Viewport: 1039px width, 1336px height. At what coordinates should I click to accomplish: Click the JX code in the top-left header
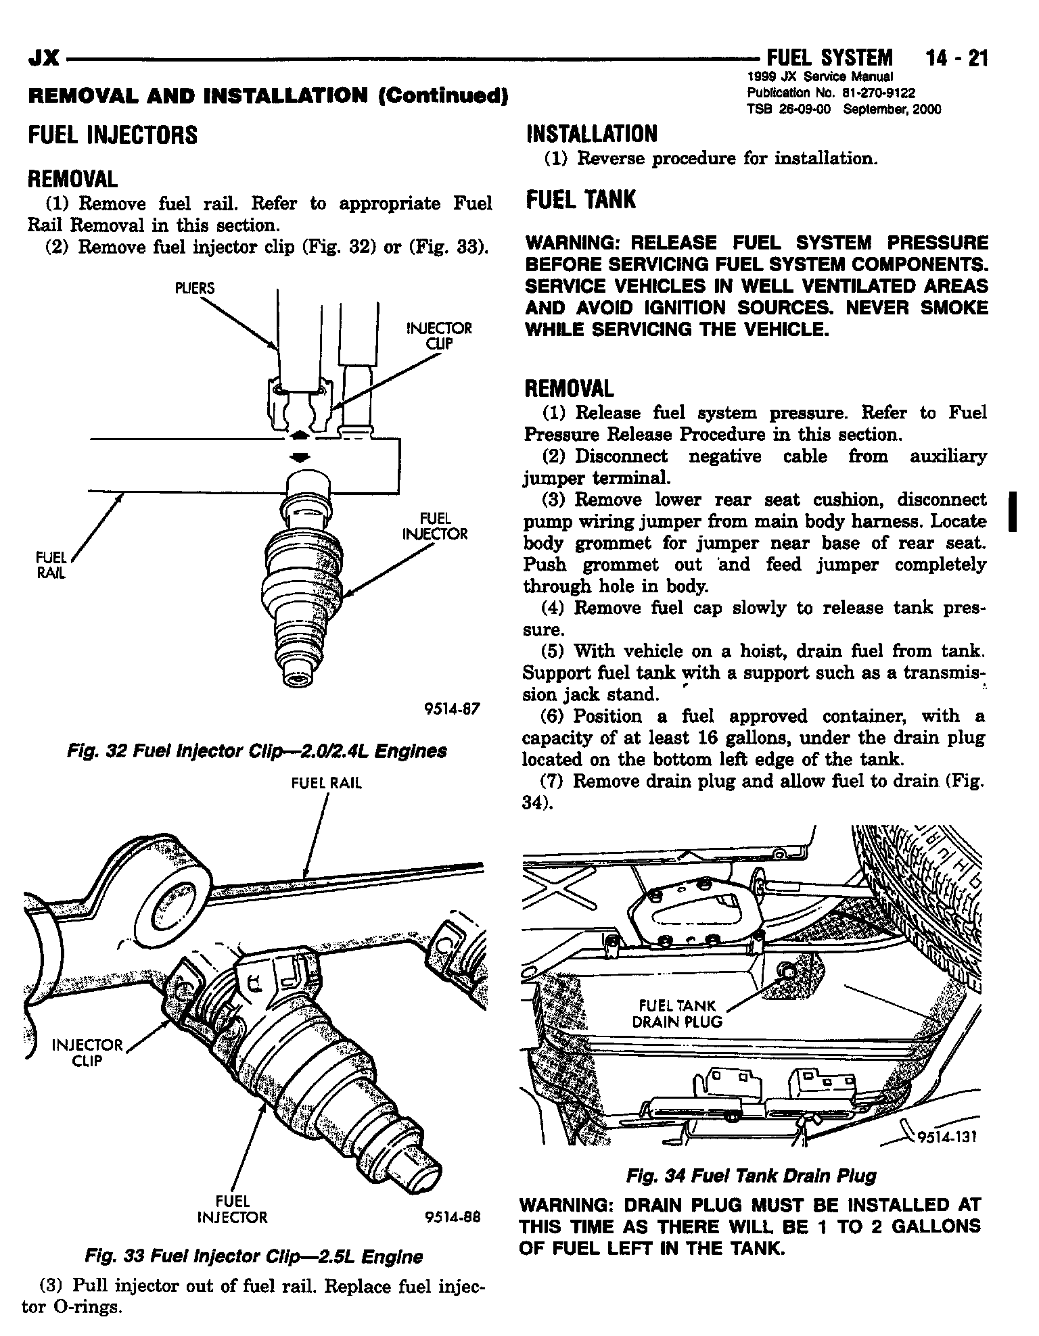tap(43, 60)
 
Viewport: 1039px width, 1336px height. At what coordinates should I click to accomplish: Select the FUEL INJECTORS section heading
tap(112, 135)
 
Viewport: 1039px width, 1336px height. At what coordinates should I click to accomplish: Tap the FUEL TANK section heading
tap(581, 199)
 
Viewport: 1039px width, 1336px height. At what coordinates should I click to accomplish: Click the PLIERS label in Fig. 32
tap(194, 289)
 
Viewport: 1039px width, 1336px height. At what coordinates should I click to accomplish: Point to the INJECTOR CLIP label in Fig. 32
tap(438, 335)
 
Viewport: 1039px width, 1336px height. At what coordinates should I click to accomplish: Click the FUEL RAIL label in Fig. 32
tap(51, 566)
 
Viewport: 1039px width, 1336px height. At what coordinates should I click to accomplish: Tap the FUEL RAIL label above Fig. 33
tap(327, 783)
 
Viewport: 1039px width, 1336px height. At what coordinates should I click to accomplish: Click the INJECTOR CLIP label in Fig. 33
tap(88, 1053)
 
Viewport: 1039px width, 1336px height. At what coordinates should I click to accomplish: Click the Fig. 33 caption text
tap(254, 1256)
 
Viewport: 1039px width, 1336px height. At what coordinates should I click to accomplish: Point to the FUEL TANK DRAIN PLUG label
tap(676, 1013)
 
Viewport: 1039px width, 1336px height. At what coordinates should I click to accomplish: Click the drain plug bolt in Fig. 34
tap(787, 969)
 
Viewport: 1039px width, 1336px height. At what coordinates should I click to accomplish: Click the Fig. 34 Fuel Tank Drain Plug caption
tap(751, 1176)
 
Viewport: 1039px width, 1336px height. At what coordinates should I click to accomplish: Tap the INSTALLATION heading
tap(591, 134)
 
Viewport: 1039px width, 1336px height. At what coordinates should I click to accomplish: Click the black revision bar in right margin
tap(1013, 512)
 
